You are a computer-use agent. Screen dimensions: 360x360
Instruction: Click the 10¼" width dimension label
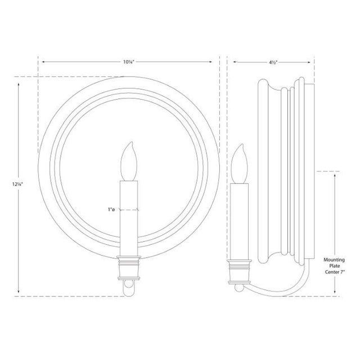(x=128, y=62)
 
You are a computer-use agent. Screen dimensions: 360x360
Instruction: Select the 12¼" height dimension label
(x=17, y=184)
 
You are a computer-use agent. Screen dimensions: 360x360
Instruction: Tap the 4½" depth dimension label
(x=273, y=62)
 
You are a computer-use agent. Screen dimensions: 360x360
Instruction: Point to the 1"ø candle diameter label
(x=111, y=209)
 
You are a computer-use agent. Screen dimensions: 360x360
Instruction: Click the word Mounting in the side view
(x=334, y=260)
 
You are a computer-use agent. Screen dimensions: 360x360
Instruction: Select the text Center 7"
(x=335, y=272)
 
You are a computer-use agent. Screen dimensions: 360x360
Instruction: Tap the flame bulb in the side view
(x=239, y=164)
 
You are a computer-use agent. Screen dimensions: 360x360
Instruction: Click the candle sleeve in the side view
(x=239, y=222)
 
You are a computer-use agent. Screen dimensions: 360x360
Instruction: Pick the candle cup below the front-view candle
(x=129, y=268)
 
